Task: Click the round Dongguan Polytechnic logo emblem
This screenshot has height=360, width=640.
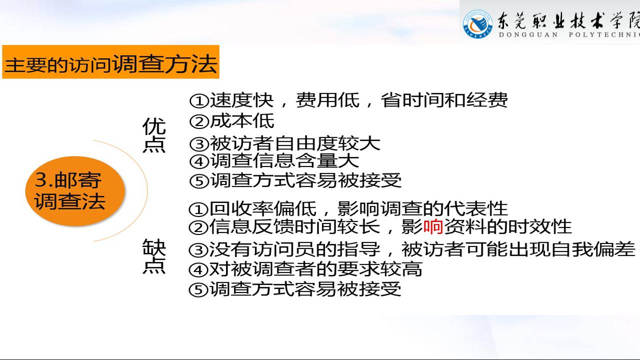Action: (477, 24)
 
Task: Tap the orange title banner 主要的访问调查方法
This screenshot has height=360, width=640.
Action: (110, 61)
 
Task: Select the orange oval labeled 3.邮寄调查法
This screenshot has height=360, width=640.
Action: (75, 191)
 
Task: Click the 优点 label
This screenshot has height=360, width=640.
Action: (154, 135)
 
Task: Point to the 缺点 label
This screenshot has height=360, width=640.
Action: (154, 256)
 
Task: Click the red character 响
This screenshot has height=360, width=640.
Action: (433, 227)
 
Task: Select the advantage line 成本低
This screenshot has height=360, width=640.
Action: (242, 121)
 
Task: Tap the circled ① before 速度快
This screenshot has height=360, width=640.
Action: (199, 101)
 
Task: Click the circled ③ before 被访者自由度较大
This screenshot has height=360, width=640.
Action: (199, 144)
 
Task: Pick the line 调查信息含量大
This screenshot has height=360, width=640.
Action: (284, 161)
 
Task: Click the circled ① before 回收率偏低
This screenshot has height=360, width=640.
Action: (198, 209)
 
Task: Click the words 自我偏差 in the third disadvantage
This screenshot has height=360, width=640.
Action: (593, 249)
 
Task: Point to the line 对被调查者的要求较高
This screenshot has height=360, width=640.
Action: (315, 269)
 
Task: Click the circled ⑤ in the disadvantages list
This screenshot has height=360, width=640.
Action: (198, 289)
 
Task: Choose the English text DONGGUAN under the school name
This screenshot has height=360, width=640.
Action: (528, 35)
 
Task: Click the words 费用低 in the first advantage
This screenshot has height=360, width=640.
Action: (327, 100)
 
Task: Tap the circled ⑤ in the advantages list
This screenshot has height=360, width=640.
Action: (199, 181)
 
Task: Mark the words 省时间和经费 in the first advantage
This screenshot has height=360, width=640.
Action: (444, 100)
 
